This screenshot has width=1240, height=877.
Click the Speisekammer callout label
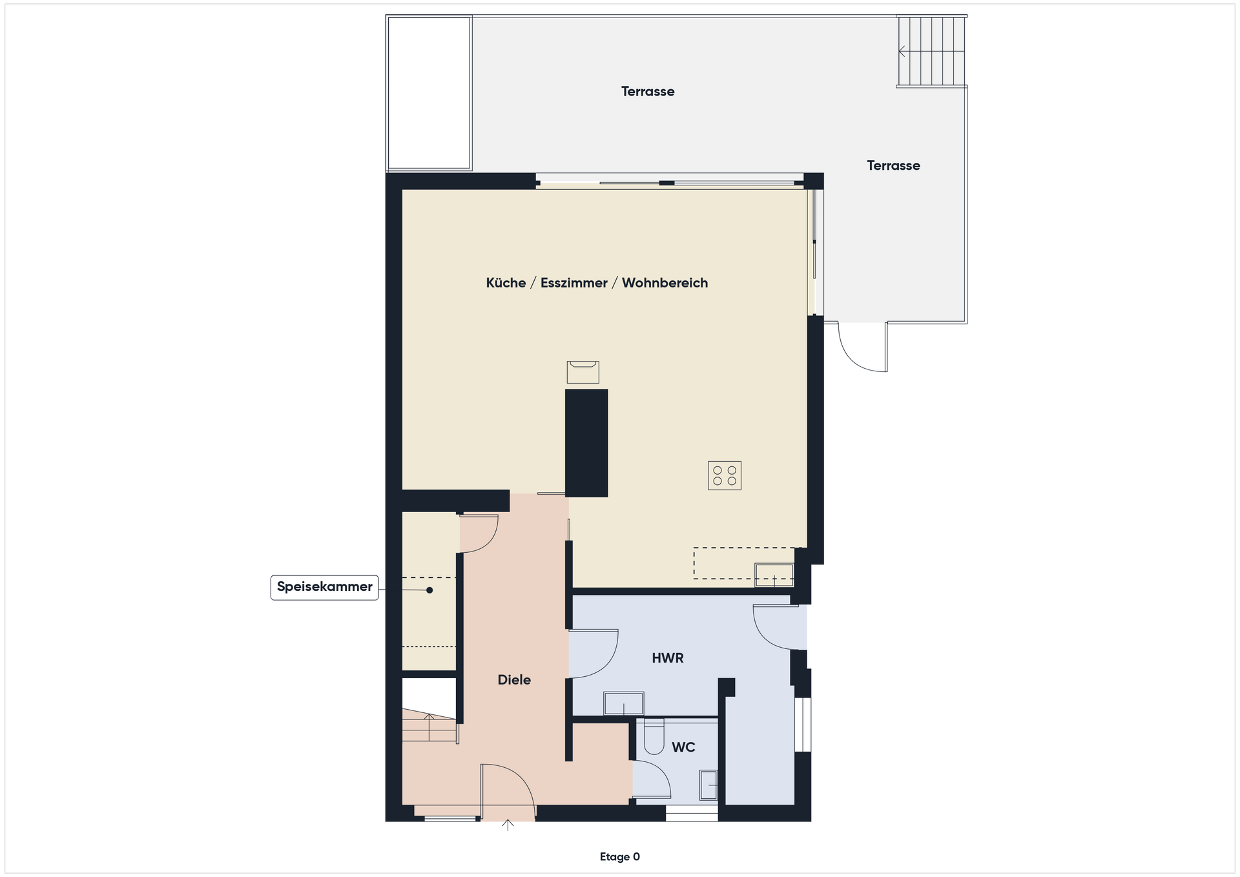[324, 587]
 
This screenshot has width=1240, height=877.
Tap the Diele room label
[514, 679]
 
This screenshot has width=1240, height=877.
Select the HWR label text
[668, 658]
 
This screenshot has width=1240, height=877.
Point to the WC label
[683, 747]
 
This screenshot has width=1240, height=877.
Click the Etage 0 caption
[620, 857]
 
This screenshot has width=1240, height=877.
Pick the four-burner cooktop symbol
[725, 476]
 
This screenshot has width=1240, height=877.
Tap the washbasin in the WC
[709, 786]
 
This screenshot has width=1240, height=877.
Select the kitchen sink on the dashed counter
[774, 575]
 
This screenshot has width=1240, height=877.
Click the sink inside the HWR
[624, 703]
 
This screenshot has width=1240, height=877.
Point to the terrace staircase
[932, 51]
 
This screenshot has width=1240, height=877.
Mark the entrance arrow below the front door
[508, 825]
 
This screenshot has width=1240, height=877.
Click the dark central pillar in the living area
[586, 443]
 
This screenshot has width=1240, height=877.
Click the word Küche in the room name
[506, 283]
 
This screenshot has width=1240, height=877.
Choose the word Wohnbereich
[665, 283]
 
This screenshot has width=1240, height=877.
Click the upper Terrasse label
[648, 92]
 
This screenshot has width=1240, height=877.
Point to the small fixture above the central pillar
[583, 372]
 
